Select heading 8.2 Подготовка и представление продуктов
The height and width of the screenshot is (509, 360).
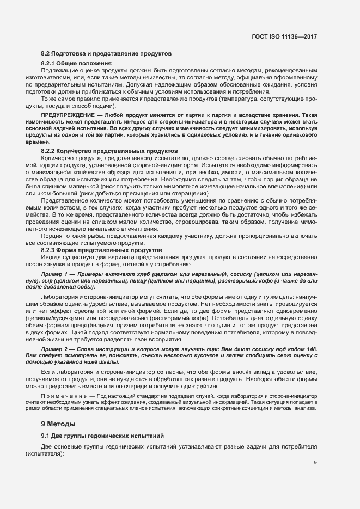107,54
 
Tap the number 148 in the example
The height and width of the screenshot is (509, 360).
311,348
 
